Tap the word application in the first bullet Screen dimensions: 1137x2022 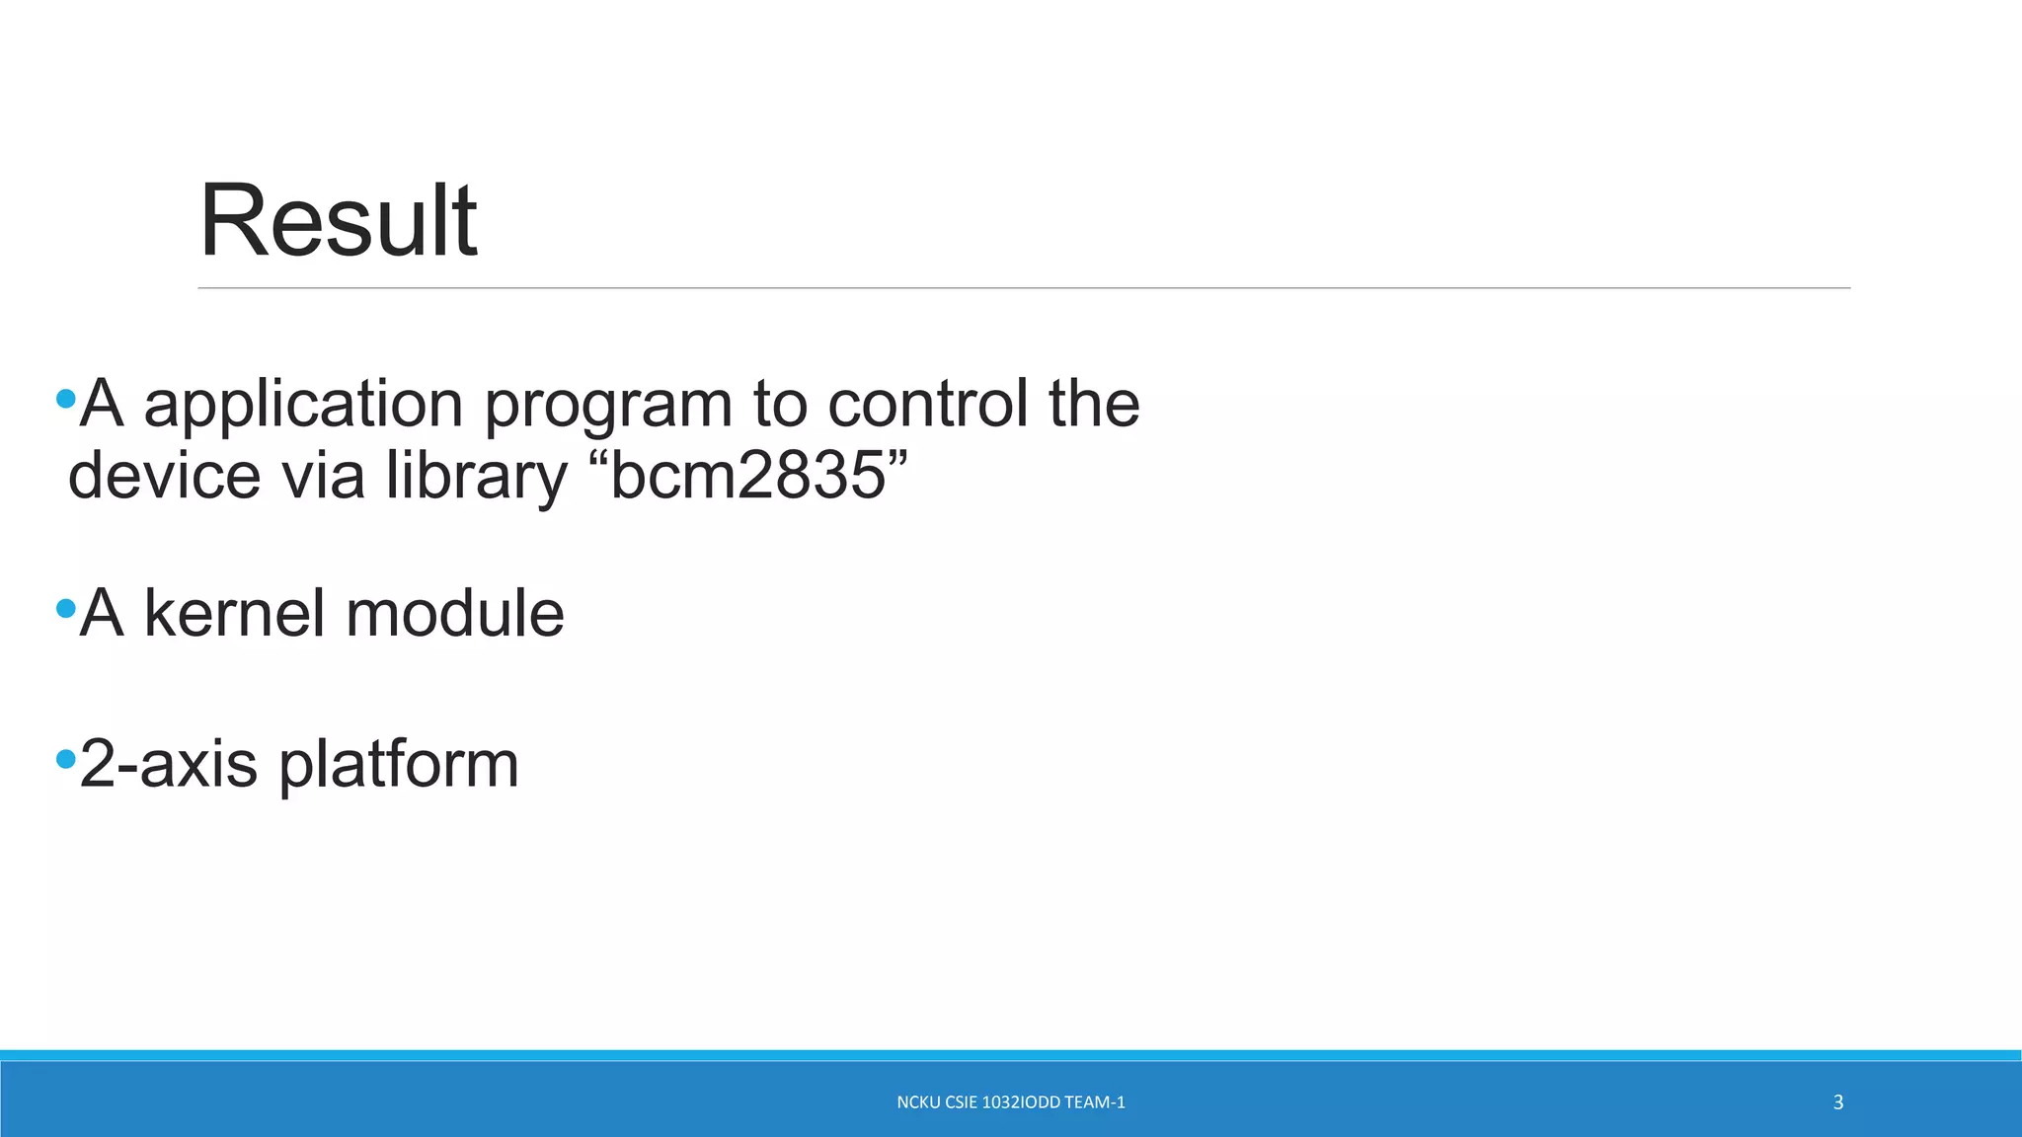(x=303, y=405)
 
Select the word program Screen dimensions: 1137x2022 (x=607, y=407)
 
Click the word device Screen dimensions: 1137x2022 (x=164, y=476)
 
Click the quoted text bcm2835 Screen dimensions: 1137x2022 (x=747, y=476)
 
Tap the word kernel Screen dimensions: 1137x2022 (x=235, y=613)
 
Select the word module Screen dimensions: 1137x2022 (x=455, y=613)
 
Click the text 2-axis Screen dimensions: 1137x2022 (x=168, y=764)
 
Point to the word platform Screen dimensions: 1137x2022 (x=399, y=766)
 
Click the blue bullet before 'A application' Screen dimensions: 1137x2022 (x=66, y=399)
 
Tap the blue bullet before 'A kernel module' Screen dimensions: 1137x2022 (x=66, y=608)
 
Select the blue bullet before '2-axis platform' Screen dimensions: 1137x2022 (x=66, y=759)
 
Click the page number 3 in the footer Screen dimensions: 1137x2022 (x=1837, y=1102)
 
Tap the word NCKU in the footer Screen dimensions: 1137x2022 (x=917, y=1102)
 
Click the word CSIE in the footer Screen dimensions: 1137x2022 (x=961, y=1102)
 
